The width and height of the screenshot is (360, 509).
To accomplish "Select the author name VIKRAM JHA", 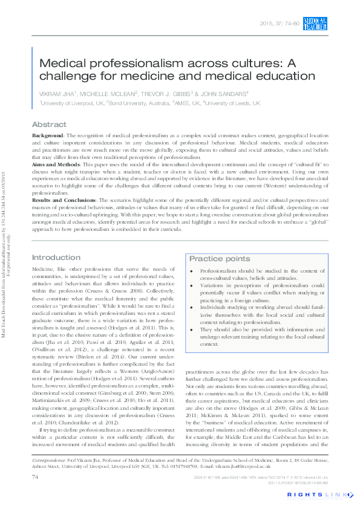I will coord(58,94).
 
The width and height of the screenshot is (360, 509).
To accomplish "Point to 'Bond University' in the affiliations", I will coord(130,103).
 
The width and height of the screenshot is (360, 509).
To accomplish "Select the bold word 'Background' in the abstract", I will coord(47,135).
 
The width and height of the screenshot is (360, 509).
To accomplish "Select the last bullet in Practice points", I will coord(193,329).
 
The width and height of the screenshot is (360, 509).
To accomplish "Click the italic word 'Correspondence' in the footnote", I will coord(50,459).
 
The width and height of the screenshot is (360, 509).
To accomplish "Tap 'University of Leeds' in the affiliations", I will coord(227,103).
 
